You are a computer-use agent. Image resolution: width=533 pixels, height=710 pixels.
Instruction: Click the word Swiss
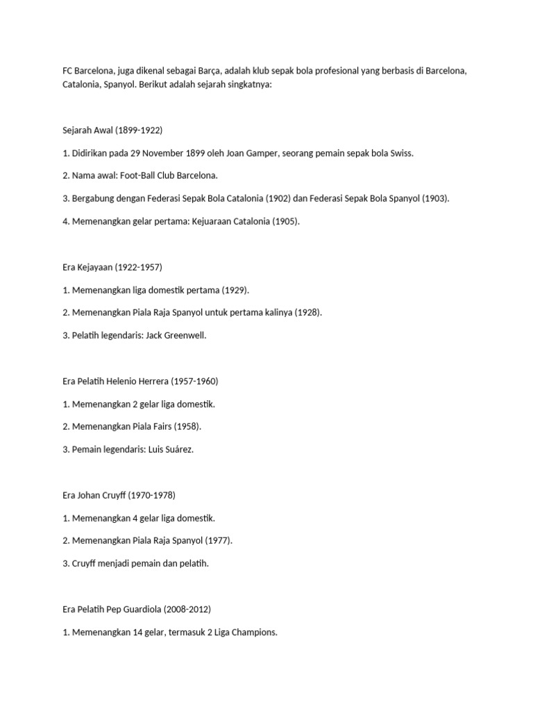(399, 153)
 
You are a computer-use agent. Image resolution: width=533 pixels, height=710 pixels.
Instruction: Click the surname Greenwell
(183, 336)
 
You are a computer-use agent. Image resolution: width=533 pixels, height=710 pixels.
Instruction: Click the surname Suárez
(179, 449)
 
